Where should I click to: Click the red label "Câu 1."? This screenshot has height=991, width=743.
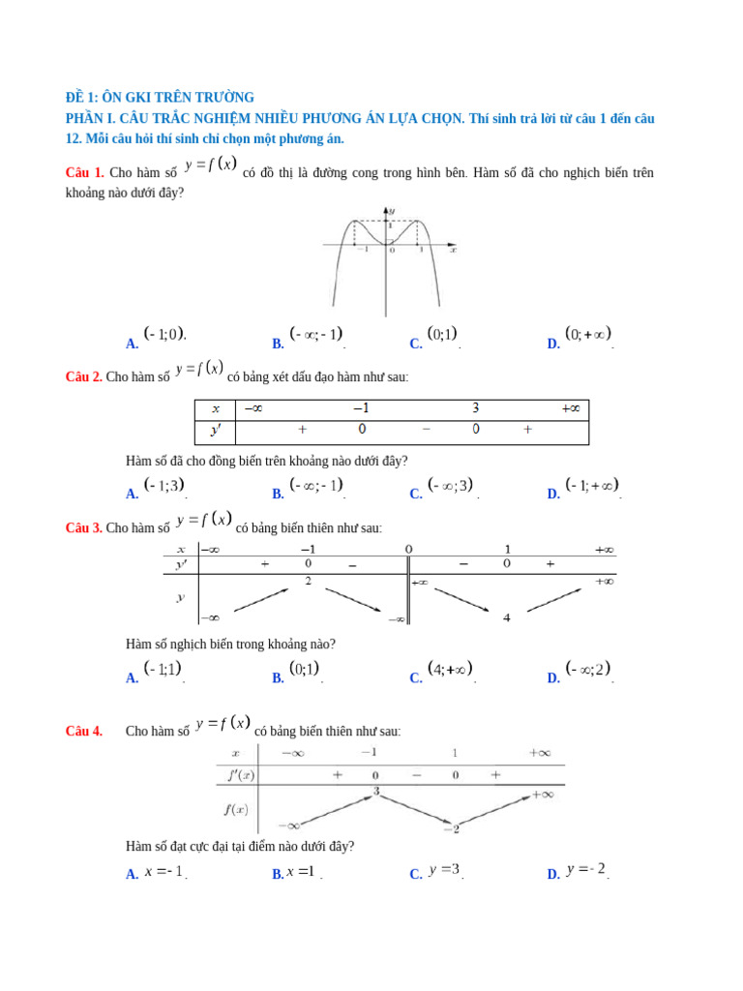[x=84, y=172]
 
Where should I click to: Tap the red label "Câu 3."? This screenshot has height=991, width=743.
[x=84, y=527]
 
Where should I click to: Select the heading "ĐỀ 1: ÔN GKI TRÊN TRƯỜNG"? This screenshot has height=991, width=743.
[x=159, y=97]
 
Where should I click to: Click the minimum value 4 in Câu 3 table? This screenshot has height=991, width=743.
[x=506, y=617]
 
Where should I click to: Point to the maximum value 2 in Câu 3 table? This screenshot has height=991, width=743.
[x=308, y=581]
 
